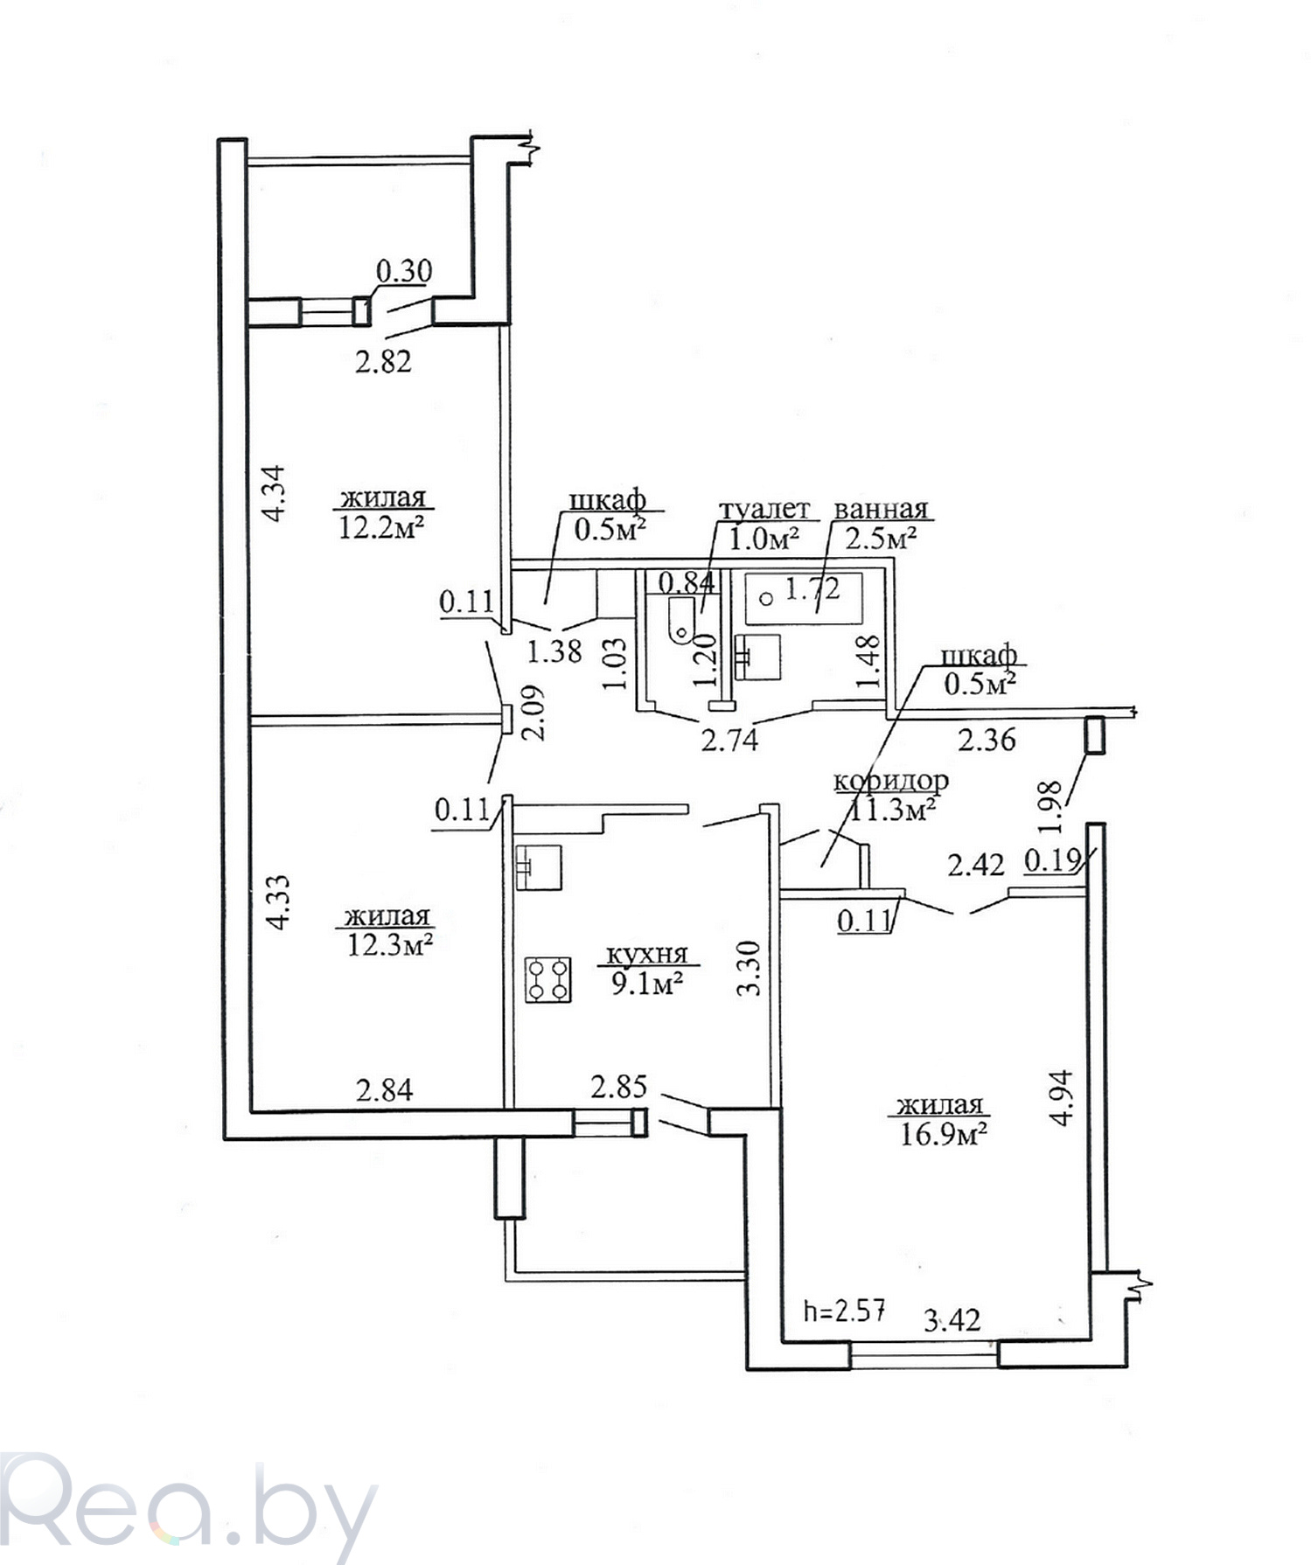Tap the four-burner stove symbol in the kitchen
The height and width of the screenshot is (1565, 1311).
(x=548, y=979)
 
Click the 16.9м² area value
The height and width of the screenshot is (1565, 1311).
(x=944, y=1134)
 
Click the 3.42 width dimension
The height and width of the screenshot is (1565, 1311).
(x=952, y=1318)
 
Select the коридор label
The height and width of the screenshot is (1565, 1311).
(x=890, y=780)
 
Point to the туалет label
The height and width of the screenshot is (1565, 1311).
(x=764, y=510)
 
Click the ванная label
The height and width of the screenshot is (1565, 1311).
(x=881, y=510)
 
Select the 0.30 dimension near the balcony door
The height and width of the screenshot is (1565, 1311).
(x=404, y=271)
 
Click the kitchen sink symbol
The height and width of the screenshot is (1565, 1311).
(x=540, y=867)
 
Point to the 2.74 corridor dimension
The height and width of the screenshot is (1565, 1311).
(x=729, y=740)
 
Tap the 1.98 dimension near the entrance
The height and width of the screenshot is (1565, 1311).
(x=1053, y=804)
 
